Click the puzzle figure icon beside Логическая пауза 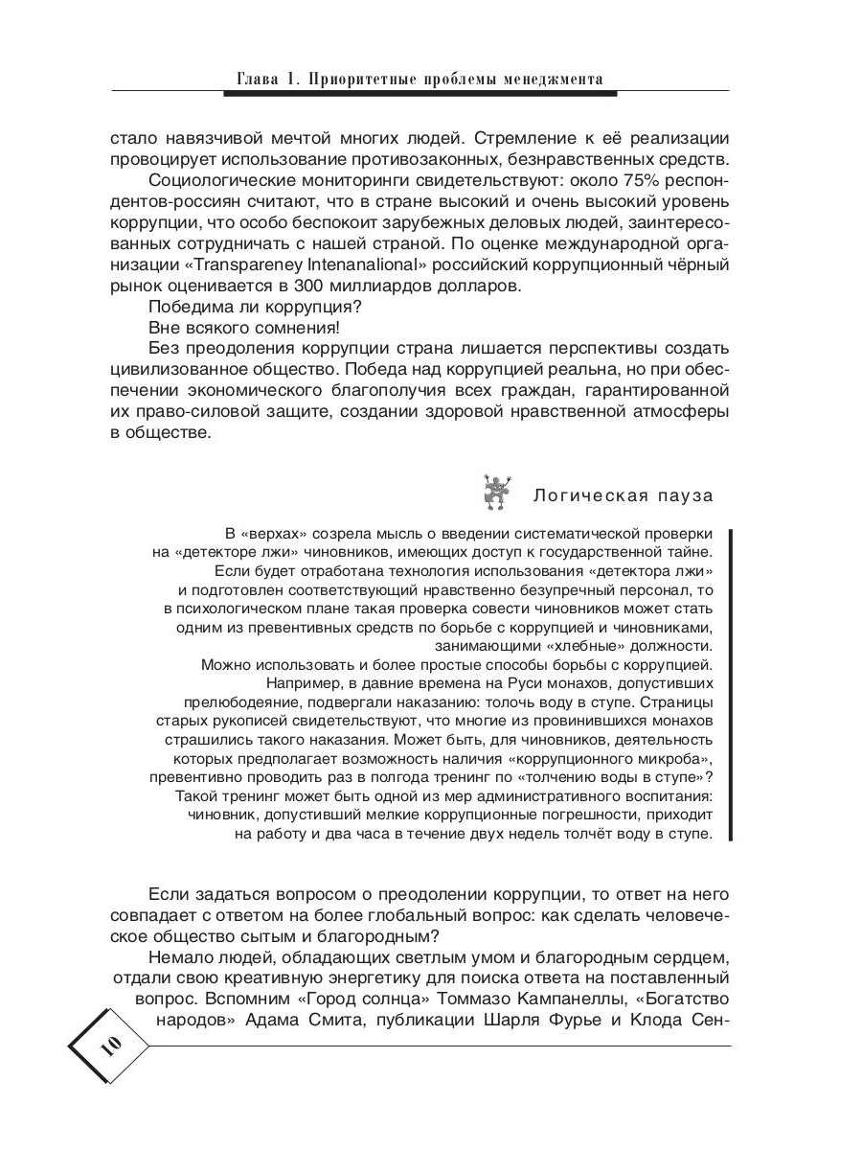coord(494,492)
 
